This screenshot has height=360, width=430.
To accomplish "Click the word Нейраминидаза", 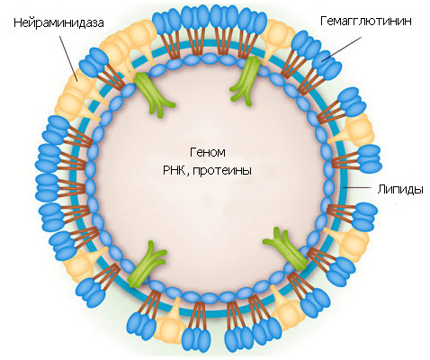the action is click(58, 23).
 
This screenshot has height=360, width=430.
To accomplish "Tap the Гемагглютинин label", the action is click(366, 22).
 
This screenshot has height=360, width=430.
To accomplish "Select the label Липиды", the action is click(400, 190).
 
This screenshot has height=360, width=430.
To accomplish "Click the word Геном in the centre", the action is click(208, 152).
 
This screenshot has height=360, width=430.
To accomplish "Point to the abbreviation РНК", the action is click(175, 170).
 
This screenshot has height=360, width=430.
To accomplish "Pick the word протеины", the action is click(222, 171).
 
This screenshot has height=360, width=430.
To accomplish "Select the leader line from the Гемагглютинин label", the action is click(341, 49).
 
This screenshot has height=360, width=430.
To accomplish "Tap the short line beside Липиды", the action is click(358, 187).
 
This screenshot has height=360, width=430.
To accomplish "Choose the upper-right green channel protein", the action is click(246, 81).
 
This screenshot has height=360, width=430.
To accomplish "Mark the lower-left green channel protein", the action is click(146, 265).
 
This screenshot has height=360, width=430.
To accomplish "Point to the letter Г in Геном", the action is click(193, 152).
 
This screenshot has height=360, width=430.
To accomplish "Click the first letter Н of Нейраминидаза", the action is click(18, 23).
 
